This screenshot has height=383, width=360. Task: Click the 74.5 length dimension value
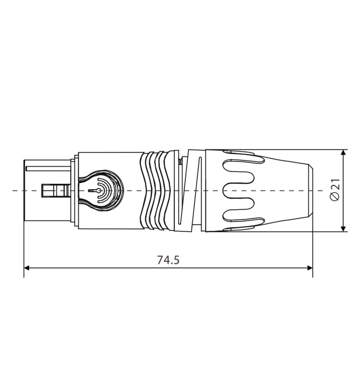pos(168,260)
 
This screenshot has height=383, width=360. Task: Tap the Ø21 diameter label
pos(335,190)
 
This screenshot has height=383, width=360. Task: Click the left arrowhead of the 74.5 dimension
pos(27,268)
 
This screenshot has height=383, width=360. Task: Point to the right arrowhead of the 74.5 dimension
pos(310,268)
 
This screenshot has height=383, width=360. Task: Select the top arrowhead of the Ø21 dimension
pos(344,152)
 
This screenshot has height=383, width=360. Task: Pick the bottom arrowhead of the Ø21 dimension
pos(344,228)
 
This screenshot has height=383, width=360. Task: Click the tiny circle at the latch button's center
pos(99,190)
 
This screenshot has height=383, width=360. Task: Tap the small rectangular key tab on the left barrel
pos(56,190)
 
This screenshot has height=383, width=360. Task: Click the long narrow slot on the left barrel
pos(48,169)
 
